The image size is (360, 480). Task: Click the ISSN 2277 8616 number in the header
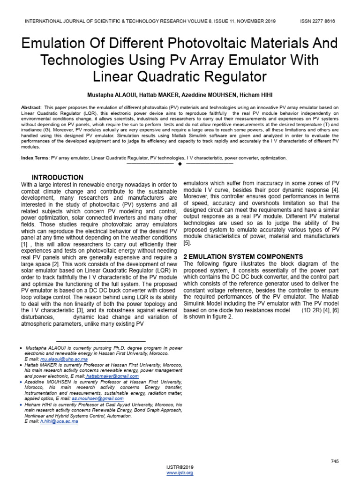click(x=317, y=21)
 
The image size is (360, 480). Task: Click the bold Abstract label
click(x=31, y=108)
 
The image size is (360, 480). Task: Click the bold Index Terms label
click(x=35, y=158)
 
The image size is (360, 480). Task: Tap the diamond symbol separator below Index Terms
click(x=180, y=164)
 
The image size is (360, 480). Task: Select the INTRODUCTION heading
click(x=57, y=178)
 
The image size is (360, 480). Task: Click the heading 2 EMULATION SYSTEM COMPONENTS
click(x=243, y=256)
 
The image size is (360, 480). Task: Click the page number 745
click(x=335, y=462)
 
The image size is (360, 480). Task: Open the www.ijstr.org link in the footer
click(x=180, y=473)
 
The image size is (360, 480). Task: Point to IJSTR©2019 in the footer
click(x=180, y=467)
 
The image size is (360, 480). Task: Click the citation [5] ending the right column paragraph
click(x=187, y=243)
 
